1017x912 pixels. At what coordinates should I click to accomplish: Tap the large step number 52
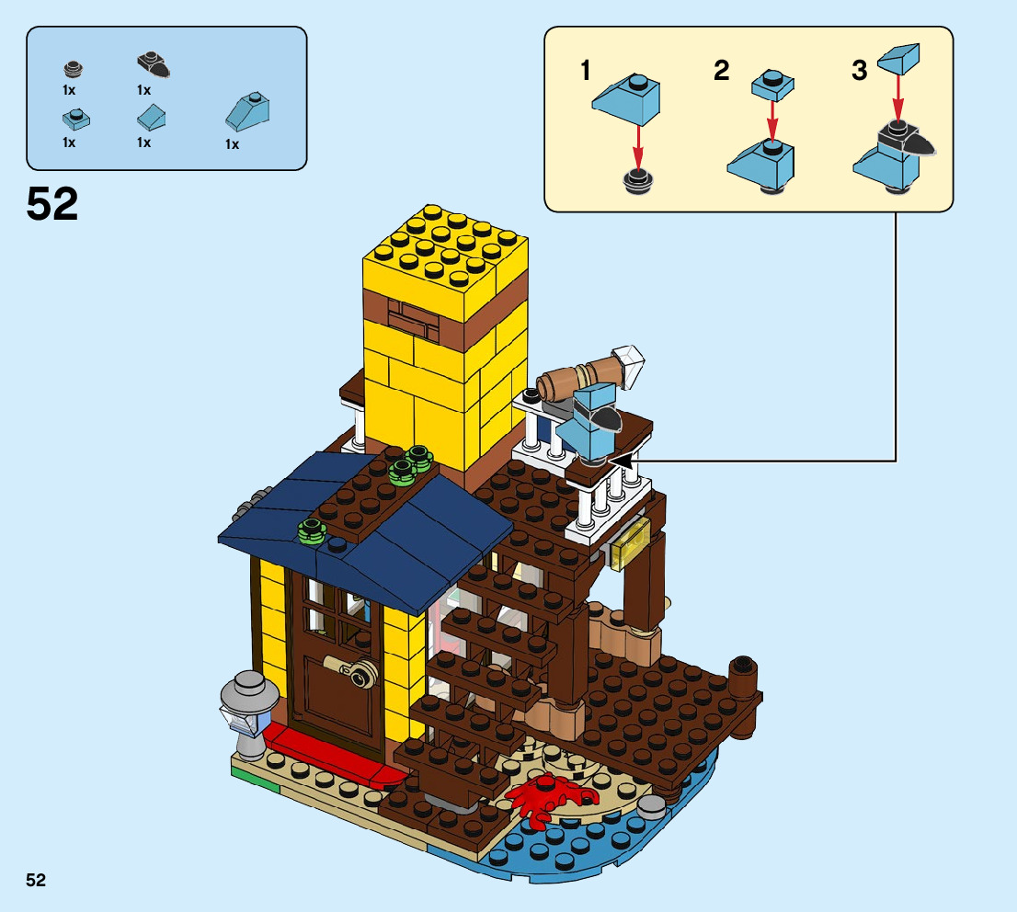52,204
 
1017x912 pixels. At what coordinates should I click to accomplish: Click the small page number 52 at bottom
36,880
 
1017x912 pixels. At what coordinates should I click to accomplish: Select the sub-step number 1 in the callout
586,72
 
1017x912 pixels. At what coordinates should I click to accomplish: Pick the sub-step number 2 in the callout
722,70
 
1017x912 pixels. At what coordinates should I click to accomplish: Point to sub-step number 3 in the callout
859,71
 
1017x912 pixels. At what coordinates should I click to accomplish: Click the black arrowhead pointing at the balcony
622,459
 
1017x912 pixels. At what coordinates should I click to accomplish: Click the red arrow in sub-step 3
898,96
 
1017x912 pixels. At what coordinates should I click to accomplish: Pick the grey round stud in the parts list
73,69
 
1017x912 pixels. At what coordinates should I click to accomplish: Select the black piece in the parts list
153,65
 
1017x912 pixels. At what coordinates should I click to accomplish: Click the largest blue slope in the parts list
249,111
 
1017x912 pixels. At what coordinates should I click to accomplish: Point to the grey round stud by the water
651,806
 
